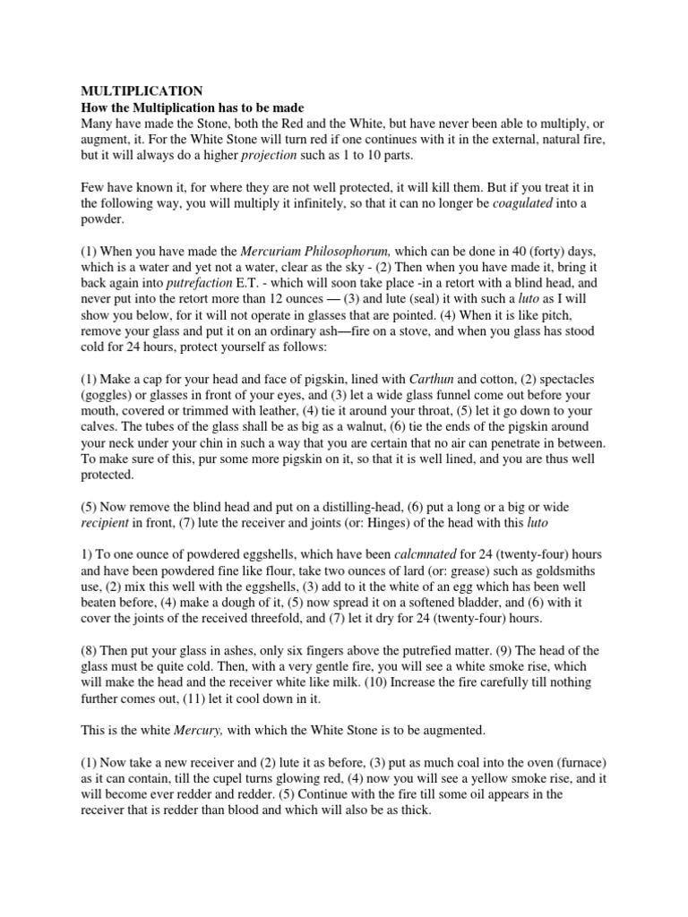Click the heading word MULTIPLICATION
[142, 90]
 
